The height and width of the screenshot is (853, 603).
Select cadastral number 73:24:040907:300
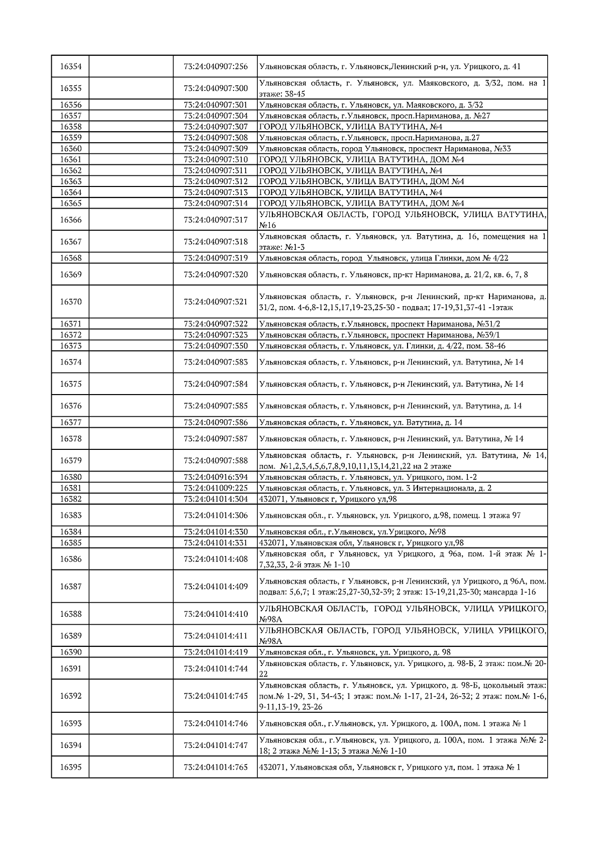216,88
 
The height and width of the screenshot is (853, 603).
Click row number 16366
70,220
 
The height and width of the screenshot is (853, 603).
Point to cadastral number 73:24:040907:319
216,258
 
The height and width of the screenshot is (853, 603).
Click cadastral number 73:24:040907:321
216,302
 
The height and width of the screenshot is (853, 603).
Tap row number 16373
70,346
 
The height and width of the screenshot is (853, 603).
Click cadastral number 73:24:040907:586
216,422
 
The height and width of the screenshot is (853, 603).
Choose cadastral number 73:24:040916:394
216,477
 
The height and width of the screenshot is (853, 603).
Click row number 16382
70,499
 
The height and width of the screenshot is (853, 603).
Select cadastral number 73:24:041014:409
216,587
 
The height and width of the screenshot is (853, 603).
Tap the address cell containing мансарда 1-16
402,587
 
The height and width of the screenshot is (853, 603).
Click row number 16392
70,696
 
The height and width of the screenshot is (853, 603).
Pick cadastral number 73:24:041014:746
216,724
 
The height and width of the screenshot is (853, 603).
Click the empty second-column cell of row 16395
131,768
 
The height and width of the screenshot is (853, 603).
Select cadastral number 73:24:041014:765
216,768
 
